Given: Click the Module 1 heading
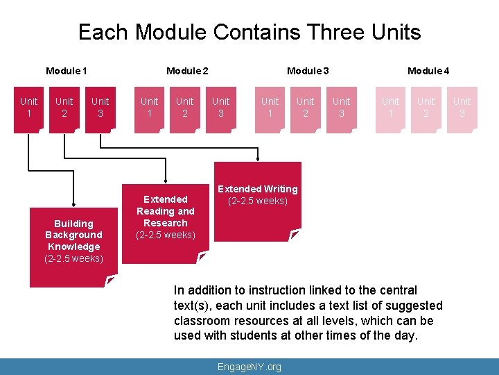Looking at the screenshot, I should point(67,71).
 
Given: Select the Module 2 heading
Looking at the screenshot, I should point(187,71).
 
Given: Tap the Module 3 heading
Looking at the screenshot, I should point(308,71).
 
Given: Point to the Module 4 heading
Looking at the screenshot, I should point(428,71).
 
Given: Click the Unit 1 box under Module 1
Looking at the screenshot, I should point(29,108).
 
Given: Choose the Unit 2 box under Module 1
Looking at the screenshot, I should point(64,108).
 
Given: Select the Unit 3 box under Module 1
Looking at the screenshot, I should point(100,108).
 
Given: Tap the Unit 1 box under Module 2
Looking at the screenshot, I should point(149,108).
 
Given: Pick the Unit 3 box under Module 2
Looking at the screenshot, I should point(221,108).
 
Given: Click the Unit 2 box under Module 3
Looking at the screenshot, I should point(306,108).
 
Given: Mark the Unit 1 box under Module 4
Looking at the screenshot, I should point(391,108).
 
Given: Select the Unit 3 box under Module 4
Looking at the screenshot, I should point(462,108).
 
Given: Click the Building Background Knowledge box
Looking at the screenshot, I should point(74,241).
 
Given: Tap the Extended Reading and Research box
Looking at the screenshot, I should point(166,217).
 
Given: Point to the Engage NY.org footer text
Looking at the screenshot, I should point(249,367).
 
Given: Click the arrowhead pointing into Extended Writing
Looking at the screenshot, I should point(258,159).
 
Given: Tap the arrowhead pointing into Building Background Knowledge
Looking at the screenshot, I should point(74,200).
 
